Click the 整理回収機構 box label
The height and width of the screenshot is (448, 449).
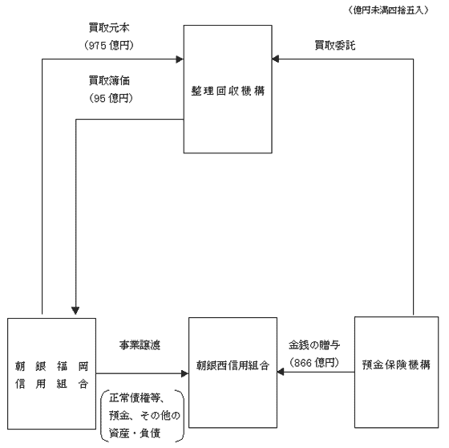[x=228, y=91]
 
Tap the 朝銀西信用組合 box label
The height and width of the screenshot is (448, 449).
[x=233, y=365]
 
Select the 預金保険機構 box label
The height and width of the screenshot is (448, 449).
[x=396, y=365]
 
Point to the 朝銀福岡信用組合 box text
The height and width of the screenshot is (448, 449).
[x=52, y=375]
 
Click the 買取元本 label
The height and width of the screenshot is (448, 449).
[x=109, y=28]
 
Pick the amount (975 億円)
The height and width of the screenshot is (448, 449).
[x=109, y=45]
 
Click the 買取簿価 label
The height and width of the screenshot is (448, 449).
[x=109, y=80]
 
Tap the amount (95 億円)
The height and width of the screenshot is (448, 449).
[x=111, y=98]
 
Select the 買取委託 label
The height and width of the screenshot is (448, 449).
[x=335, y=45]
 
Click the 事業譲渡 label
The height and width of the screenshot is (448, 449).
[x=140, y=345]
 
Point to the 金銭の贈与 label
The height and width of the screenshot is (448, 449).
[x=314, y=344]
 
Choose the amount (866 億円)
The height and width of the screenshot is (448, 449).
[x=314, y=363]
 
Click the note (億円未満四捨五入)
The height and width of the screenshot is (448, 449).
[x=388, y=10]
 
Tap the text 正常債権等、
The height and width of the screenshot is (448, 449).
[x=136, y=397]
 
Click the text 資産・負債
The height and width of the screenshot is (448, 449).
[x=135, y=433]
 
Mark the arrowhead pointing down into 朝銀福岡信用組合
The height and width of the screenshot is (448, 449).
[x=75, y=311]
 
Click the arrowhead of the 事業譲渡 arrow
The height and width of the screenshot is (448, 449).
[x=185, y=373]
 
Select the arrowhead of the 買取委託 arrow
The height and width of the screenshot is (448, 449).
[x=276, y=59]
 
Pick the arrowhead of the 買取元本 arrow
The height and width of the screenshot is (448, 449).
[x=180, y=59]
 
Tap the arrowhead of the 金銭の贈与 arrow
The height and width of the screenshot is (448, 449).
[x=281, y=372]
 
